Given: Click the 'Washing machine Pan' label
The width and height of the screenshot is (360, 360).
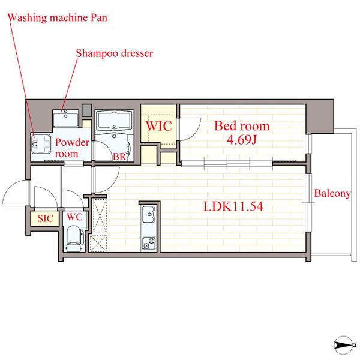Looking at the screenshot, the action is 58,18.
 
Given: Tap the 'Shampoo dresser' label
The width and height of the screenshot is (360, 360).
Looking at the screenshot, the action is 115,53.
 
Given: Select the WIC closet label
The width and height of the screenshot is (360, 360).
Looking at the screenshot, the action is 158,126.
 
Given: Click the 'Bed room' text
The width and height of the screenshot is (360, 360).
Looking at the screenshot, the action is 242,126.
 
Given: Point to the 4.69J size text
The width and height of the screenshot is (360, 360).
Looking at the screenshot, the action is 242,139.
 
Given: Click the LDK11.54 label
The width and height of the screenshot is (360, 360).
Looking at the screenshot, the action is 233,206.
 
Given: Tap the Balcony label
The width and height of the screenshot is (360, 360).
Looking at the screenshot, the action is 332,193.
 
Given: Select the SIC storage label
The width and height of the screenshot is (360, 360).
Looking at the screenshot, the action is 45,218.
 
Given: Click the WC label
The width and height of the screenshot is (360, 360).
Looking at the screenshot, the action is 74,217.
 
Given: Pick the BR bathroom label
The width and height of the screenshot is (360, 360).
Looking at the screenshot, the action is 119,157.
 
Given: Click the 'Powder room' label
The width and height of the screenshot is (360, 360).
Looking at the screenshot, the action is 72,148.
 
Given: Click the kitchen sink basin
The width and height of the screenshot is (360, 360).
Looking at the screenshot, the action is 149,214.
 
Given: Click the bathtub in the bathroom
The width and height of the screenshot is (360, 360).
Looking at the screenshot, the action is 114,121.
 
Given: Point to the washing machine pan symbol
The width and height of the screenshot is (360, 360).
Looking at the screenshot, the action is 41,144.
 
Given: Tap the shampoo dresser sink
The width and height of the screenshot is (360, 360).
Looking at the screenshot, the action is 65,119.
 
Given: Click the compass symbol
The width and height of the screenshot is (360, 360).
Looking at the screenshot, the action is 343,345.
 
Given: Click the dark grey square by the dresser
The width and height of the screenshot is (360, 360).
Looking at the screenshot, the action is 87,110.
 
